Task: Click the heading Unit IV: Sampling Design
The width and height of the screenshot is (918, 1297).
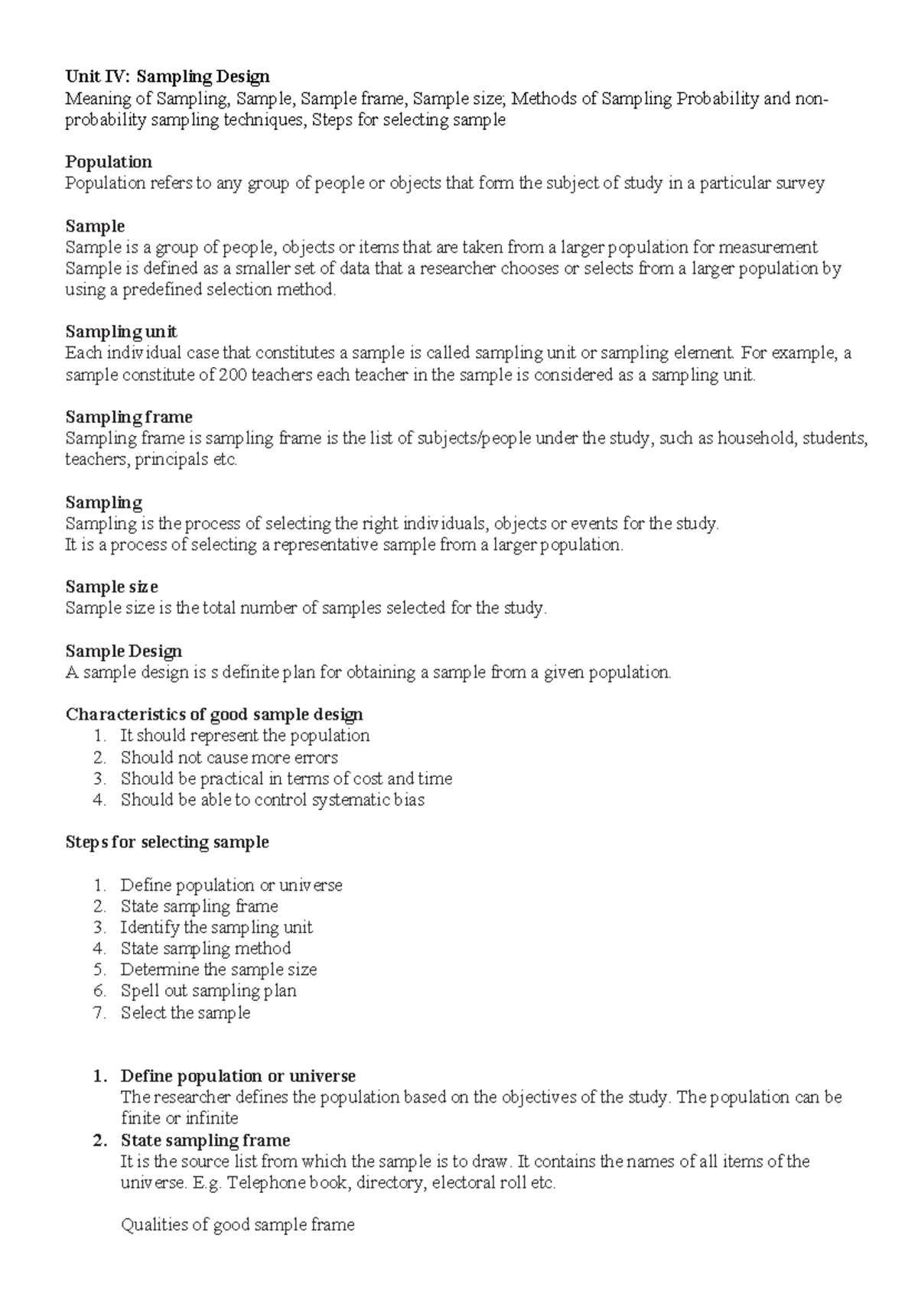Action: (168, 76)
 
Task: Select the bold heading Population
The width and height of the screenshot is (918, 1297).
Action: (109, 162)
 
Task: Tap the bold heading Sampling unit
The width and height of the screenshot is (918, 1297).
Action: (121, 332)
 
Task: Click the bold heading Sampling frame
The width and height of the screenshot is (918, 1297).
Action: (129, 418)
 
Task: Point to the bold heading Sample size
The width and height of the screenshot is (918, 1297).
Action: (112, 587)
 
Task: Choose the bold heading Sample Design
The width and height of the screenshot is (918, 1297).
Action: (124, 652)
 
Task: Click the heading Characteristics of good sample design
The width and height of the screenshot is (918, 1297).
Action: (214, 715)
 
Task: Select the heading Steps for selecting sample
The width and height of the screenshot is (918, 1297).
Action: (167, 843)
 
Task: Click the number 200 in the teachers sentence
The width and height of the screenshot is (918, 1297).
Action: (232, 375)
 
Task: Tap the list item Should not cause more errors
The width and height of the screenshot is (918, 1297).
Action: (229, 758)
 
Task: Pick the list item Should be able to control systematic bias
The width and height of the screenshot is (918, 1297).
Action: (272, 801)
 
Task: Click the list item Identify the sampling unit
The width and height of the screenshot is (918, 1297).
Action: (216, 928)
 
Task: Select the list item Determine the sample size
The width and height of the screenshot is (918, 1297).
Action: (219, 970)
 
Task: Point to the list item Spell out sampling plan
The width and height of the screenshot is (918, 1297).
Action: (208, 991)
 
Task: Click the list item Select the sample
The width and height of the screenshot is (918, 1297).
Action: (185, 1013)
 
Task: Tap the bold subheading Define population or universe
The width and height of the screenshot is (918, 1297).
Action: (238, 1077)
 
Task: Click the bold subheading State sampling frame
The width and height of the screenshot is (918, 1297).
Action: (205, 1141)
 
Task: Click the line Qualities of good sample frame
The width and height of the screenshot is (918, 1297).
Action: (237, 1225)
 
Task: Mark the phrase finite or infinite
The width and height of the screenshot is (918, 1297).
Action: (179, 1119)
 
